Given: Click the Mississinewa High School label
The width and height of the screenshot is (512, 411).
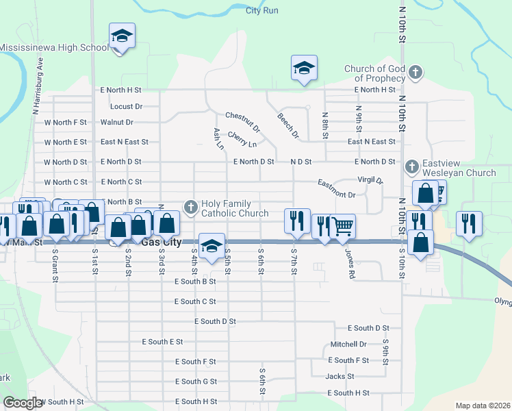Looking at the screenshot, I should [x=55, y=48].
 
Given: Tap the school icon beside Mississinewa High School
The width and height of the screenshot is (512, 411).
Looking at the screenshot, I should [x=122, y=35].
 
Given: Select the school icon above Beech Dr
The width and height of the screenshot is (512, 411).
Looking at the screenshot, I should [x=305, y=67].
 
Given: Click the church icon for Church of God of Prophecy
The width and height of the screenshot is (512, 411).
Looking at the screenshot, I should [x=415, y=72].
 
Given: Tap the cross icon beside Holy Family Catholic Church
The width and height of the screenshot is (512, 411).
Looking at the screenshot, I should [x=191, y=206].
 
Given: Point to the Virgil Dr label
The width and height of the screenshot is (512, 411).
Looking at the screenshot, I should [x=370, y=181].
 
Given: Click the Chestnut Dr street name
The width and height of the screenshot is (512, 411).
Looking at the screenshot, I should [x=243, y=123].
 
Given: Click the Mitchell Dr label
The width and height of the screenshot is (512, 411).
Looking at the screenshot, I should [x=348, y=344].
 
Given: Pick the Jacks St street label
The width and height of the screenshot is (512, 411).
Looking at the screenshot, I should [x=340, y=376].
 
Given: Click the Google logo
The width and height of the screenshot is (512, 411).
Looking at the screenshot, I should [x=23, y=403].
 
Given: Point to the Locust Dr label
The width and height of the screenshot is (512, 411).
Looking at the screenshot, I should [x=126, y=107].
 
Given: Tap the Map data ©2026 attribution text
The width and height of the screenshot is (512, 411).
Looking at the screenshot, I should [x=482, y=406].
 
